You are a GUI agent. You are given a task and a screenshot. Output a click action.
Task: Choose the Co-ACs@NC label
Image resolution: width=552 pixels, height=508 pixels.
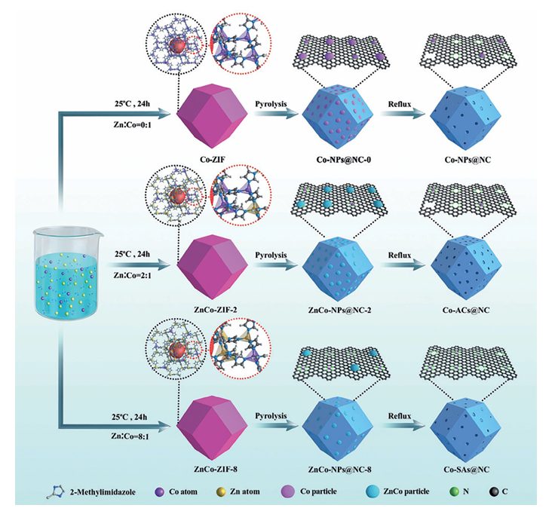tap(461, 308)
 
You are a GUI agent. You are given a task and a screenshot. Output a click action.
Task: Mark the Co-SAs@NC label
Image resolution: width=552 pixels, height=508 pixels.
tap(461, 458)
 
